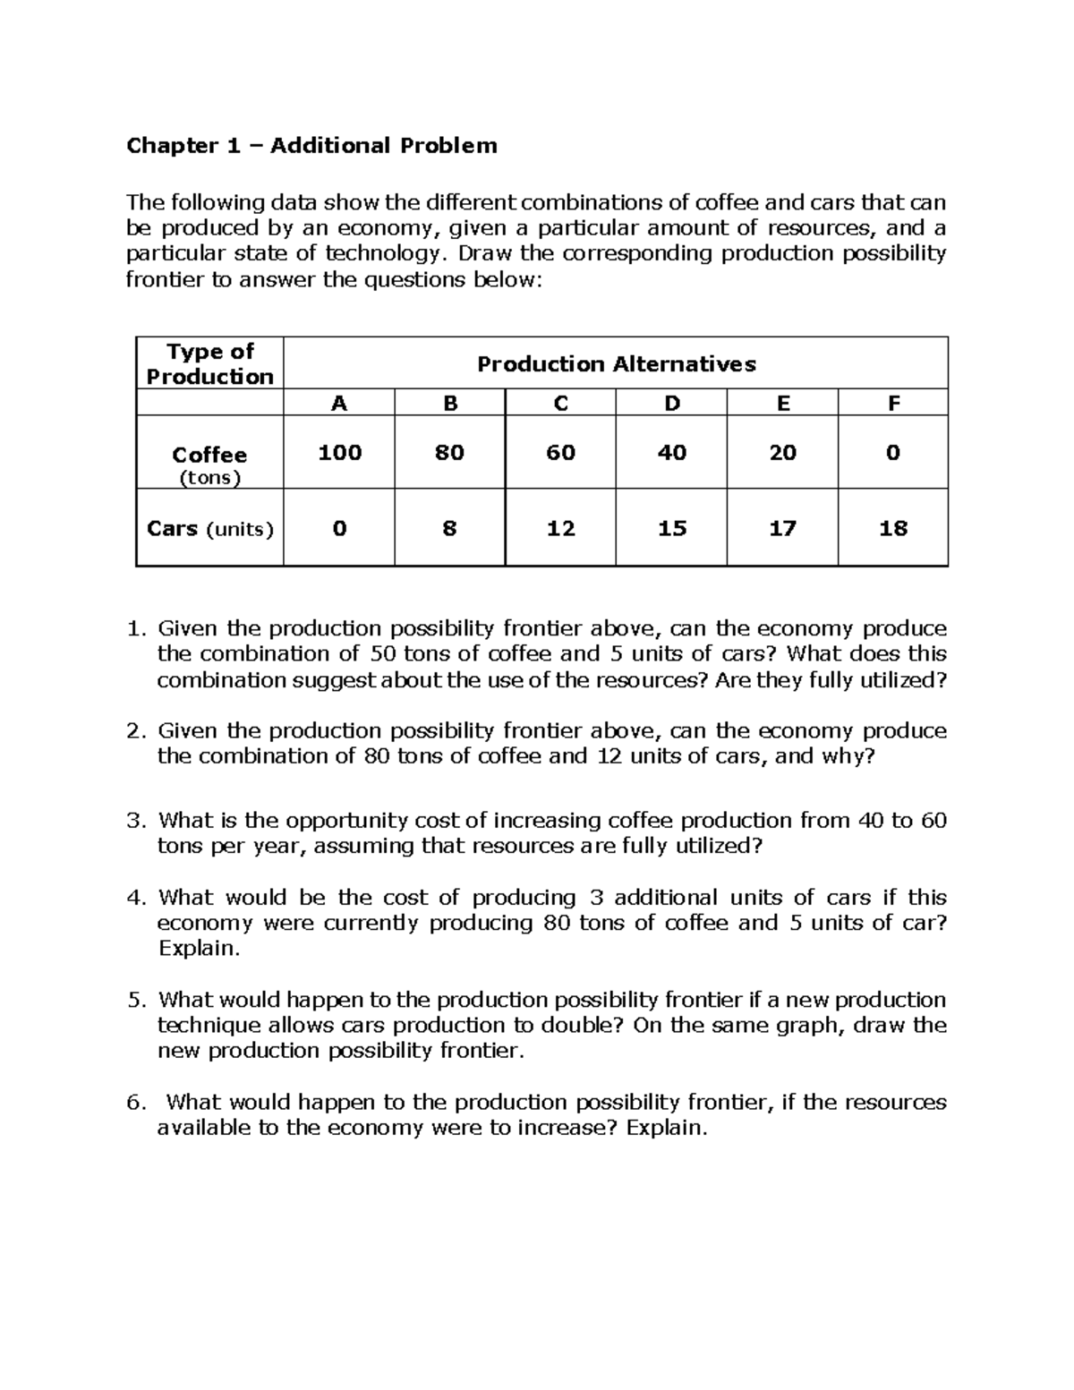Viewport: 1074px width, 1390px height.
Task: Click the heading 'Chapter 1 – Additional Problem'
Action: point(311,146)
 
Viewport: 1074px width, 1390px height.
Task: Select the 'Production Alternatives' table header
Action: point(616,364)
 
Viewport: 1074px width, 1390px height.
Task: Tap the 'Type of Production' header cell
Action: point(209,363)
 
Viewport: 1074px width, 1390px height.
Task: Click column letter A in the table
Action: point(338,404)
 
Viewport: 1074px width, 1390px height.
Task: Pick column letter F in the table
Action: point(892,404)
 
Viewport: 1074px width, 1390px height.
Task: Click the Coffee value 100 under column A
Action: point(339,453)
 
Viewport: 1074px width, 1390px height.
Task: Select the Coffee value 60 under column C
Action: point(560,453)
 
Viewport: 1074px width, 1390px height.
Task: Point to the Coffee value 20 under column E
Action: point(782,453)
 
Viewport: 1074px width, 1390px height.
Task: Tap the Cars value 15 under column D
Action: point(671,529)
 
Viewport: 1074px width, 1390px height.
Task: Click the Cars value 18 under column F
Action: point(892,529)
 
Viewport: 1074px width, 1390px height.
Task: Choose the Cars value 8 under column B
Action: point(449,529)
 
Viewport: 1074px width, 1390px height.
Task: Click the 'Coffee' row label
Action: point(209,455)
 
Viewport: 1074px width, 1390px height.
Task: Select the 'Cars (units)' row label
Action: point(210,529)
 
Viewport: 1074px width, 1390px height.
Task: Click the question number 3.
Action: point(135,821)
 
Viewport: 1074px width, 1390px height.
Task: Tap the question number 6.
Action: point(135,1103)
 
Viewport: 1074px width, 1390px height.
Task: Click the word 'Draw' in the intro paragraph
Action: point(486,254)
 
